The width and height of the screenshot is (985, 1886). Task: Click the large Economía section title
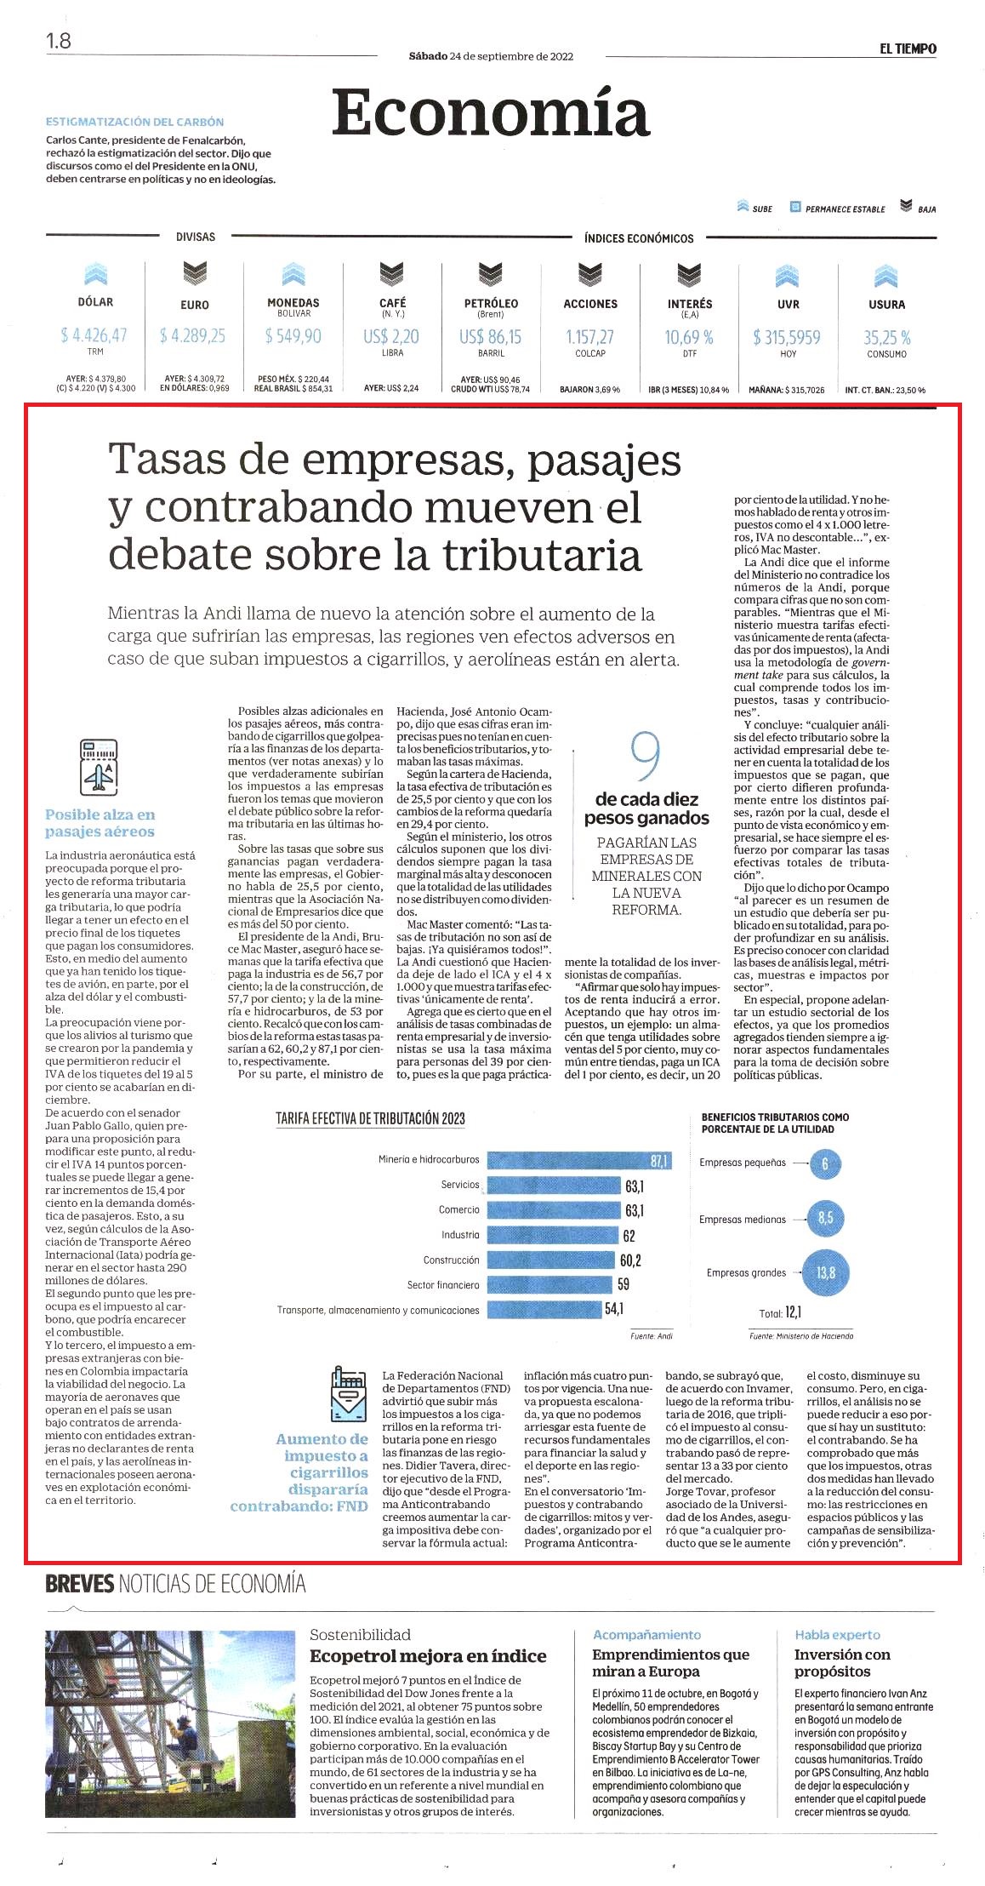[491, 113]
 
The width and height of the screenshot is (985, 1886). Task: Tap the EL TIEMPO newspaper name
[908, 49]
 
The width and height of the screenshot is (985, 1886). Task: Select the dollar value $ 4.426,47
[94, 335]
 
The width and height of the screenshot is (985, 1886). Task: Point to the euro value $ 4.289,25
[193, 335]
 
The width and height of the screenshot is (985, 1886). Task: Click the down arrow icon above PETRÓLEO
[491, 274]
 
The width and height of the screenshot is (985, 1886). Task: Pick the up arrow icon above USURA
[886, 276]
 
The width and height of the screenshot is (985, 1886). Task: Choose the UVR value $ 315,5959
[787, 337]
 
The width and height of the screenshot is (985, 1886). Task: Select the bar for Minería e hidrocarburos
[579, 1160]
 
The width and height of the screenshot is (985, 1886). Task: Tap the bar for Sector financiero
[549, 1285]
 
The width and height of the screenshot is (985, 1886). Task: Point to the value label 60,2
[630, 1260]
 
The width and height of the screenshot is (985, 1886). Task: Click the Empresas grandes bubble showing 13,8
[826, 1273]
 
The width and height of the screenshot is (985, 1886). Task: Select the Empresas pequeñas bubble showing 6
[824, 1163]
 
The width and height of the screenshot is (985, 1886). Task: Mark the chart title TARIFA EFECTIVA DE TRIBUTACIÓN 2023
[370, 1118]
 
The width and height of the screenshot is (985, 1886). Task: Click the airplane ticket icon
[98, 767]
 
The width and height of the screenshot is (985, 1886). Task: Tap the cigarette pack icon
[347, 1393]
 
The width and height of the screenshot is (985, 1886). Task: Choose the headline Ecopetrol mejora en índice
[428, 1655]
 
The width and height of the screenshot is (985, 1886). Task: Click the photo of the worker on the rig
[171, 1723]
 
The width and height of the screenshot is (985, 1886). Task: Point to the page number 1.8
[59, 40]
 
